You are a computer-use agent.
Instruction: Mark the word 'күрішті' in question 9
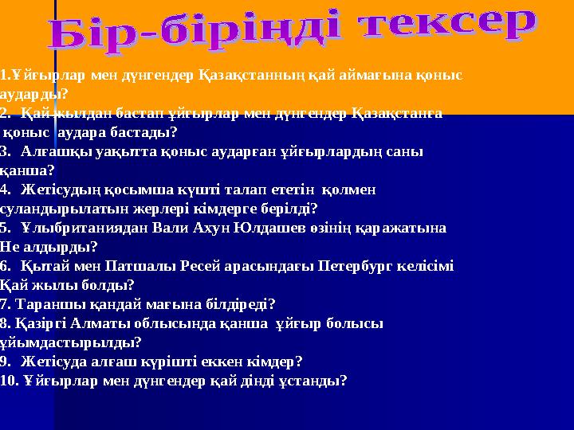click(x=179, y=362)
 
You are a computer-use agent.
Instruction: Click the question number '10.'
click(x=10, y=381)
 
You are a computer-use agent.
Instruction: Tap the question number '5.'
click(x=6, y=228)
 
